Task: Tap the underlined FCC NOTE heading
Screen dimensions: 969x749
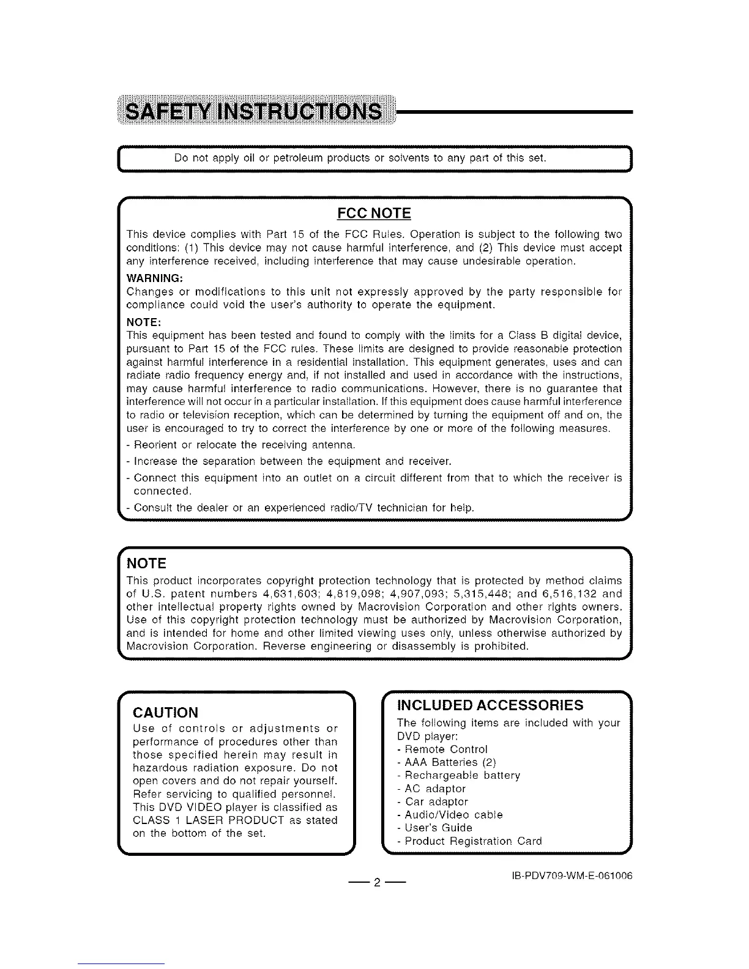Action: pos(374,213)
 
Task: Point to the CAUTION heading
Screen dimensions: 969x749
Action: pos(165,713)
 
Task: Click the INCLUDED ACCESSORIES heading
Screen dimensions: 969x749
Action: pos(490,705)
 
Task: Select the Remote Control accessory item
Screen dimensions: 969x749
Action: pos(446,749)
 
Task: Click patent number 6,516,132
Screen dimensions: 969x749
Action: pos(567,593)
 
